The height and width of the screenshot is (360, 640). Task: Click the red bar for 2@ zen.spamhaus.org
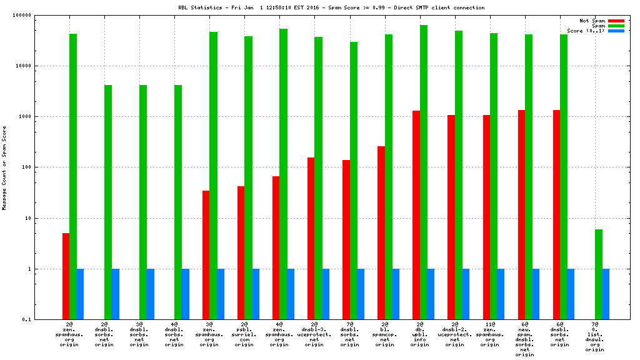[66, 276]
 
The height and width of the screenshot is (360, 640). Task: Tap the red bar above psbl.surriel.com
[241, 252]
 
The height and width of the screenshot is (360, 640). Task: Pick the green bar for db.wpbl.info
[424, 172]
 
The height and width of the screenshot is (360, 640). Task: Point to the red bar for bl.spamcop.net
[381, 232]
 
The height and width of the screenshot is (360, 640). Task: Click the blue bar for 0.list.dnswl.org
[606, 294]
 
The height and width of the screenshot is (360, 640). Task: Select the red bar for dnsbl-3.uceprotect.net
[311, 238]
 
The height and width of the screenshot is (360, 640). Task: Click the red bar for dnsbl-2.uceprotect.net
[451, 217]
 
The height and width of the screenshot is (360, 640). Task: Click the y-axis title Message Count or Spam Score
[5, 167]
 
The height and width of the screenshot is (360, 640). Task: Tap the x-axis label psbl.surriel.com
[244, 334]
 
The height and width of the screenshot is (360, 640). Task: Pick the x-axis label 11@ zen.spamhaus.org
[490, 334]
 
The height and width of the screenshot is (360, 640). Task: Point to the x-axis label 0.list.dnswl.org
[595, 337]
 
